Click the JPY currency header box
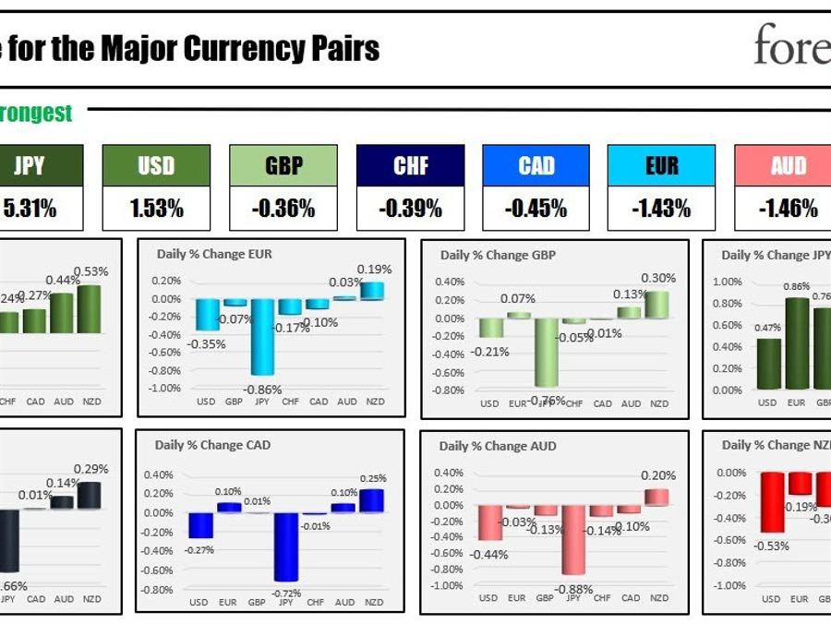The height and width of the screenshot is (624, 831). coord(30,166)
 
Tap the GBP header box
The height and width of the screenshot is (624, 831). coord(283,166)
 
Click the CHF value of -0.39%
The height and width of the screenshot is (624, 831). coord(410,209)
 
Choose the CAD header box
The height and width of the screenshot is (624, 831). coord(536,166)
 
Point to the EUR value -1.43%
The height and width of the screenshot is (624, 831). coord(661,209)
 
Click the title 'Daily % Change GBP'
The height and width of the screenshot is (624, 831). coord(498,256)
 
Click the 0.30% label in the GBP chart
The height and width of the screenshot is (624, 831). coord(658,278)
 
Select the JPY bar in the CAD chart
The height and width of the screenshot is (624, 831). coord(285,547)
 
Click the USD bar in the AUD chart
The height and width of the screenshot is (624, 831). coord(489,522)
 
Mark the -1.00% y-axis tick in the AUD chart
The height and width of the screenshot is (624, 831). coord(448,585)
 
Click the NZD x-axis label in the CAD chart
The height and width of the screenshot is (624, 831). coord(375,603)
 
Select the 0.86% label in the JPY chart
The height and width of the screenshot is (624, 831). coord(797,287)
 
